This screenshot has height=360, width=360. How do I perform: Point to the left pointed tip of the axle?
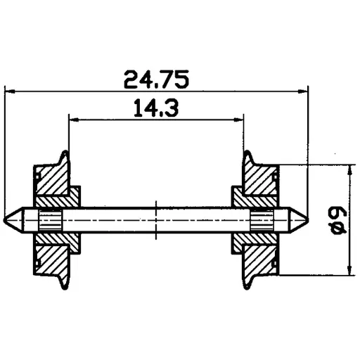click(x=7, y=220)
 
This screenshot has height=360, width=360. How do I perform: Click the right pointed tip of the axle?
click(x=306, y=220)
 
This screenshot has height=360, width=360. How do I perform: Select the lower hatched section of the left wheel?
click(x=53, y=256)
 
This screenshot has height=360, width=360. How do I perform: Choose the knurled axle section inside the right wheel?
click(x=262, y=220)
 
